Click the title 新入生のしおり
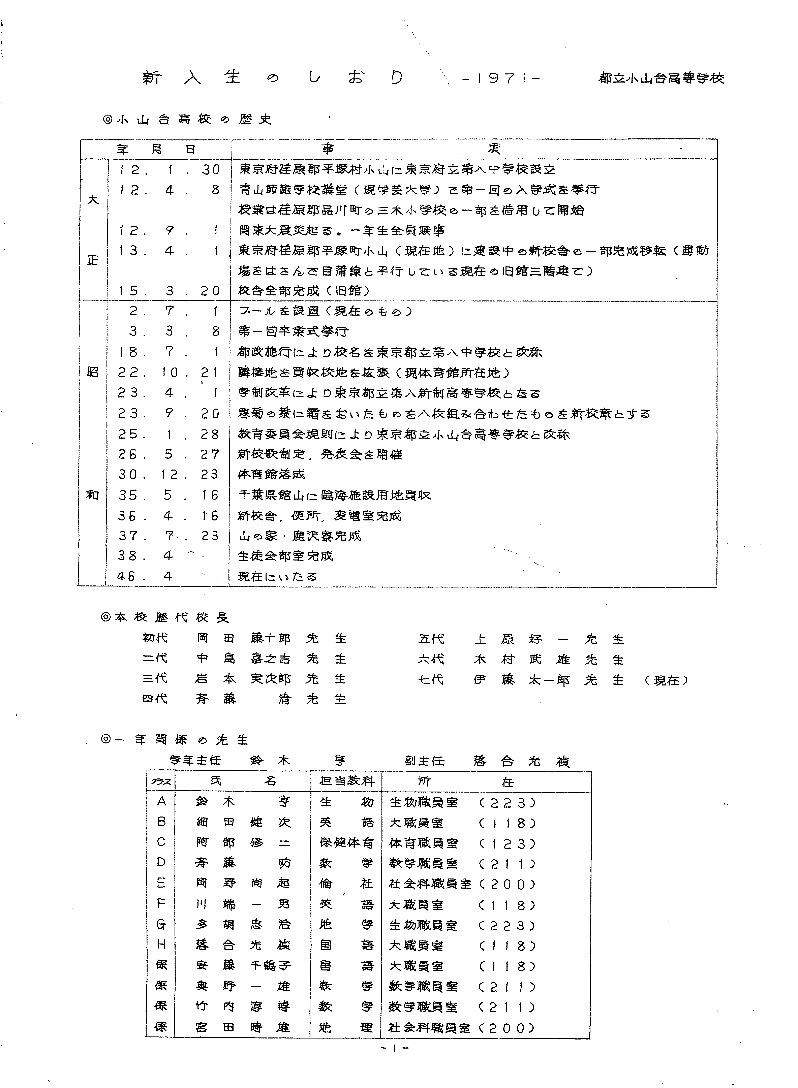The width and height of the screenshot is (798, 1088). [x=273, y=78]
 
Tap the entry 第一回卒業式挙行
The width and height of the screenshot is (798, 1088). [x=293, y=331]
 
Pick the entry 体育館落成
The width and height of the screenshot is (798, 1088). [x=272, y=474]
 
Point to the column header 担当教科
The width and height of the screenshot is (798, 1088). [x=346, y=781]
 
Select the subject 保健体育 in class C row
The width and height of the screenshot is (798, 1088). [x=346, y=843]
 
